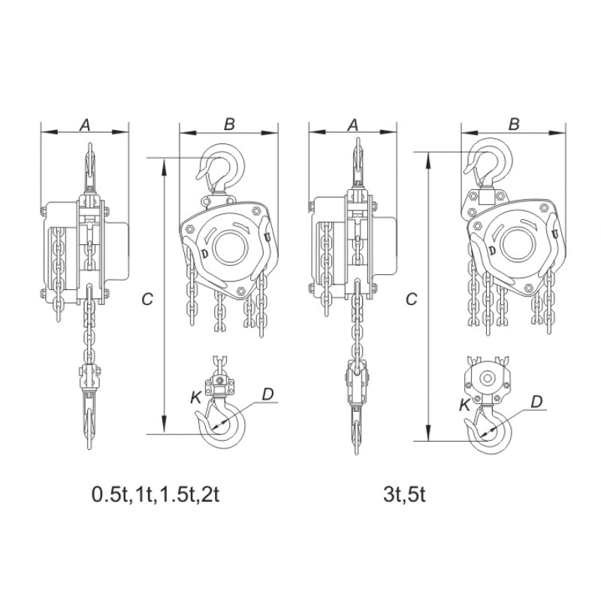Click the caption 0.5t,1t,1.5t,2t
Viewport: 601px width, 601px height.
pos(156,494)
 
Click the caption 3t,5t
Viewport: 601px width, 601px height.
pos(404,494)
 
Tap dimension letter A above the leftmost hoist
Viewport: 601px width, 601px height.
pos(85,125)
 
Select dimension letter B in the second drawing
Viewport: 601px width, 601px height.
pos(229,124)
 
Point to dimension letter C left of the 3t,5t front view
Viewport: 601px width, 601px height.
pos(411,299)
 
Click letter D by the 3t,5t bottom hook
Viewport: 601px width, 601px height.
pos(536,402)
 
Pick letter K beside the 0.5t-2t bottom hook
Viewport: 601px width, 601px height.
pos(195,398)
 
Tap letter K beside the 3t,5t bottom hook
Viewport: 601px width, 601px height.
pos(465,405)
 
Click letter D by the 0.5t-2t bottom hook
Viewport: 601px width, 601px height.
pos(268,394)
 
